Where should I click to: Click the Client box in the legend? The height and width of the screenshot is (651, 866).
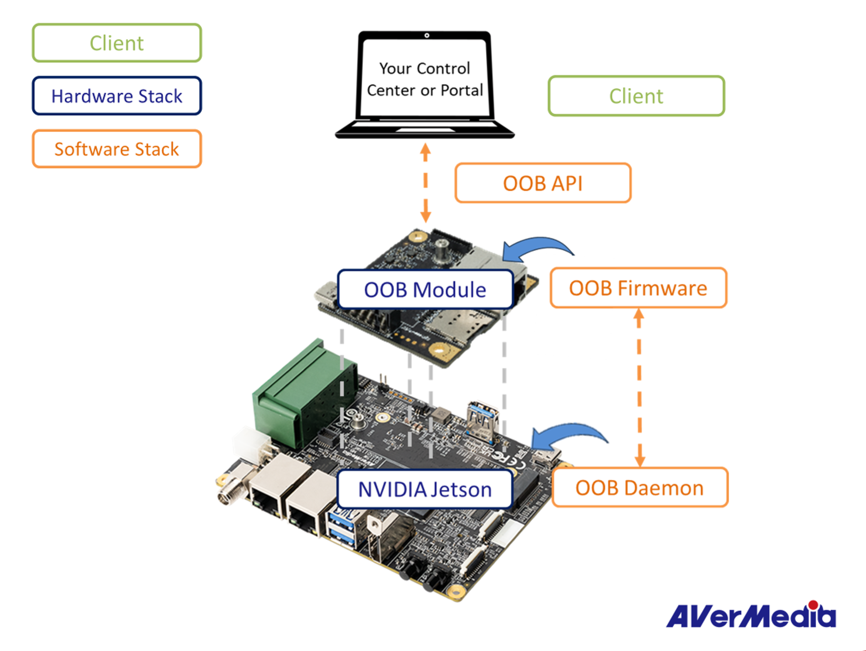(x=117, y=43)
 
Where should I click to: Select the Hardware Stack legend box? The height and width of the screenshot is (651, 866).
(x=117, y=96)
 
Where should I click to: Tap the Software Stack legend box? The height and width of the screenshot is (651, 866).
(x=117, y=149)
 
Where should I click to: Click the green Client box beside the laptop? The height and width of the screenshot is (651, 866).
(x=636, y=96)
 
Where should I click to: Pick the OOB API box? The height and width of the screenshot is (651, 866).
(x=543, y=183)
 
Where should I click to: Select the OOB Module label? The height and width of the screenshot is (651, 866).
(x=425, y=290)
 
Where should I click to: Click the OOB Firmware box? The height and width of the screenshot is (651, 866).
(x=638, y=288)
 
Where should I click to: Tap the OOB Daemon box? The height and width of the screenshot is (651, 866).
(x=640, y=488)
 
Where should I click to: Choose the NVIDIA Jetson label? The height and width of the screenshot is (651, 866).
(x=425, y=489)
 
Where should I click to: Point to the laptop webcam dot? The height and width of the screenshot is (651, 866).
(x=427, y=36)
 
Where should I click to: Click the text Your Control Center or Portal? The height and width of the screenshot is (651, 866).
(x=425, y=79)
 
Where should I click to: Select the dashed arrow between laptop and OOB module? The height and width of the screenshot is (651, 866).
(x=425, y=183)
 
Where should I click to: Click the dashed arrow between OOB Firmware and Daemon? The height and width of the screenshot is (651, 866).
(x=639, y=387)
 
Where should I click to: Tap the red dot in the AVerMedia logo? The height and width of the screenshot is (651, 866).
(x=813, y=605)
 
